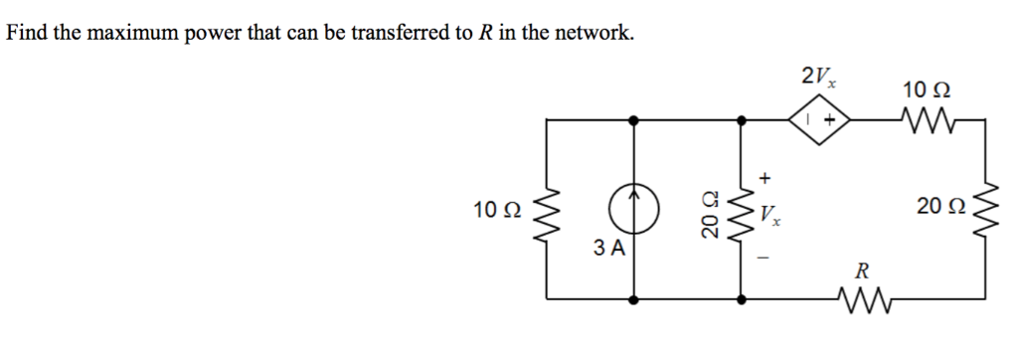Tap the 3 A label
click(608, 249)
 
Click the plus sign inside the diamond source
click(826, 120)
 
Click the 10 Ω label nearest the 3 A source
click(497, 209)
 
